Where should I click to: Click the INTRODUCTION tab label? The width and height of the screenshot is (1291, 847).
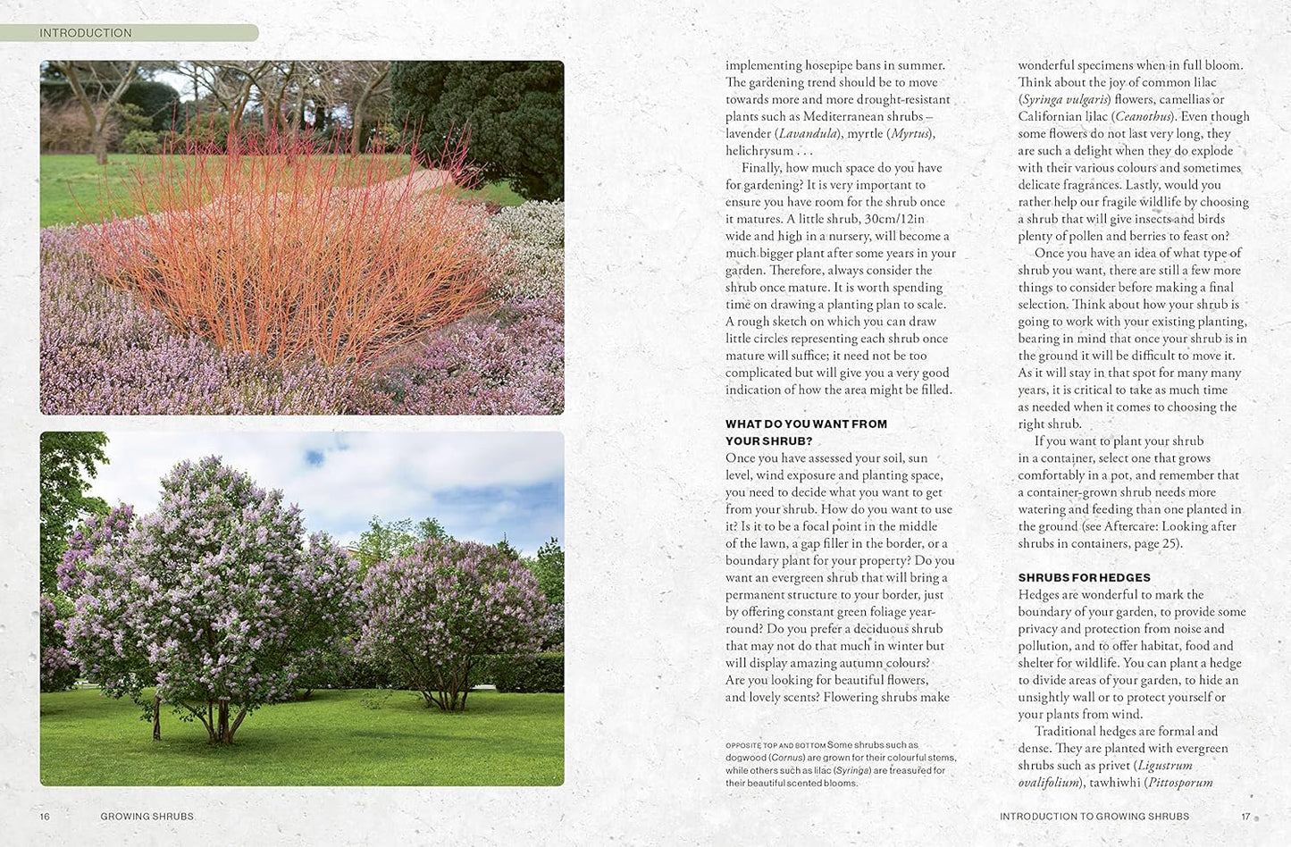[x=86, y=33]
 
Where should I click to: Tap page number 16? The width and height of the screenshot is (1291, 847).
[x=46, y=817]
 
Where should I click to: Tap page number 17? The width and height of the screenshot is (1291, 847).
[x=1245, y=817]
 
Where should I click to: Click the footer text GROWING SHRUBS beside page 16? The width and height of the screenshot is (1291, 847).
[x=147, y=817]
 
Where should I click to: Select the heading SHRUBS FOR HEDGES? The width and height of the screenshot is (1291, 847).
[x=1084, y=578]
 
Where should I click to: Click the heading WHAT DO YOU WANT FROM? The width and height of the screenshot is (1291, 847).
[x=806, y=424]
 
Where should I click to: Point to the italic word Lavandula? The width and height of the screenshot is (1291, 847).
[x=808, y=134]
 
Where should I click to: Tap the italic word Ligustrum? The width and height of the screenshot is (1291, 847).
[x=1165, y=766]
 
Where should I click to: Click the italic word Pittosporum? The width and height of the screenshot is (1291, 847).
[x=1180, y=783]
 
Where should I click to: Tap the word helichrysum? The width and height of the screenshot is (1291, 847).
[x=759, y=151]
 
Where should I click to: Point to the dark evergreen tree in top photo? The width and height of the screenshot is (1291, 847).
[x=482, y=116]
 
